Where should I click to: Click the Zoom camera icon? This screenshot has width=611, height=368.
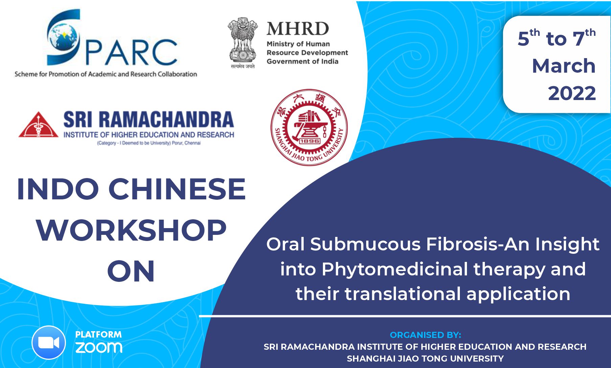click(49, 343)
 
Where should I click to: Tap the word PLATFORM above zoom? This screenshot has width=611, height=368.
click(98, 335)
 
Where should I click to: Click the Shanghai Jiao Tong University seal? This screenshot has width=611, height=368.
click(309, 127)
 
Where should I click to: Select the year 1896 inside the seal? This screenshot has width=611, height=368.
click(309, 141)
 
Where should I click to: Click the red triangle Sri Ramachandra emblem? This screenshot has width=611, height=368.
click(38, 125)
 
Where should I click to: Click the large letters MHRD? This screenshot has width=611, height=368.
click(298, 29)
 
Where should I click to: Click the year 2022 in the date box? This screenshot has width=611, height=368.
click(572, 93)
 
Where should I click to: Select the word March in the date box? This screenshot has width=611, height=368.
click(564, 66)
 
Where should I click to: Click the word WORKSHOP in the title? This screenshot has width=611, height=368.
click(131, 230)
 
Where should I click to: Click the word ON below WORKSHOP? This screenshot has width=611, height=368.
click(131, 271)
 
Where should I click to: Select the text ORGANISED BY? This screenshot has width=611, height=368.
click(425, 335)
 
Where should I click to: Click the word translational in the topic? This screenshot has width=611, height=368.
click(403, 294)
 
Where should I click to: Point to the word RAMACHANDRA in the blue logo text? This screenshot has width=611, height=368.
click(166, 120)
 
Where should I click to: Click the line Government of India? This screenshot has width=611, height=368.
click(302, 62)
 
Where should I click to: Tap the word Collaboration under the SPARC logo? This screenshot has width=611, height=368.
click(178, 74)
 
